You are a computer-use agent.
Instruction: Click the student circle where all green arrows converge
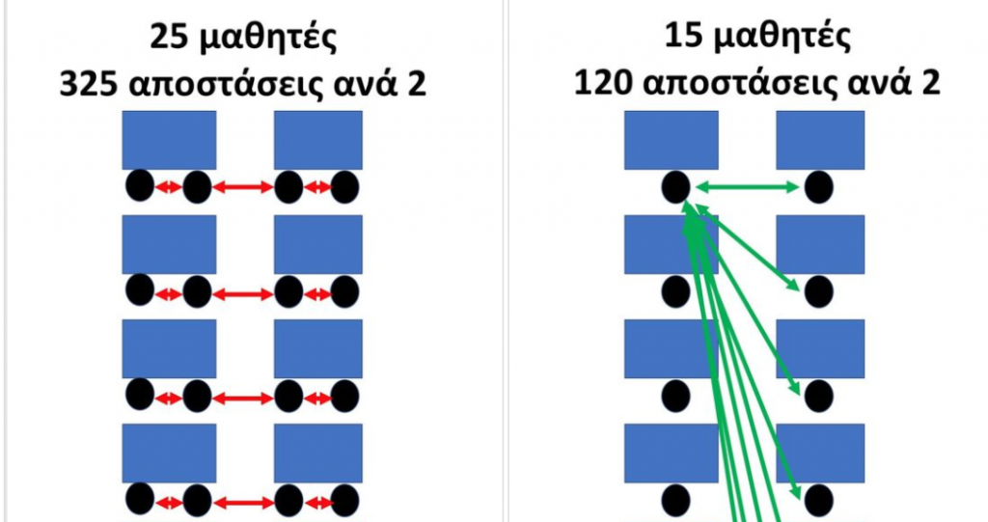coord(675,186)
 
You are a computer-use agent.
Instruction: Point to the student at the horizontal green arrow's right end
coord(819,186)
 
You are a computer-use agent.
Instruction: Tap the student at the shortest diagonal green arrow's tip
coord(819,288)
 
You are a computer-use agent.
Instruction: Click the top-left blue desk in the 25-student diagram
coord(169,140)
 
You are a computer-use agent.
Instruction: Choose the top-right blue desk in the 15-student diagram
coord(823,140)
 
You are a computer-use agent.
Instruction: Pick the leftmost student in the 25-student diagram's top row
coord(140,186)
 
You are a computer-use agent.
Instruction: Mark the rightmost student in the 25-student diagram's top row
coord(344,186)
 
